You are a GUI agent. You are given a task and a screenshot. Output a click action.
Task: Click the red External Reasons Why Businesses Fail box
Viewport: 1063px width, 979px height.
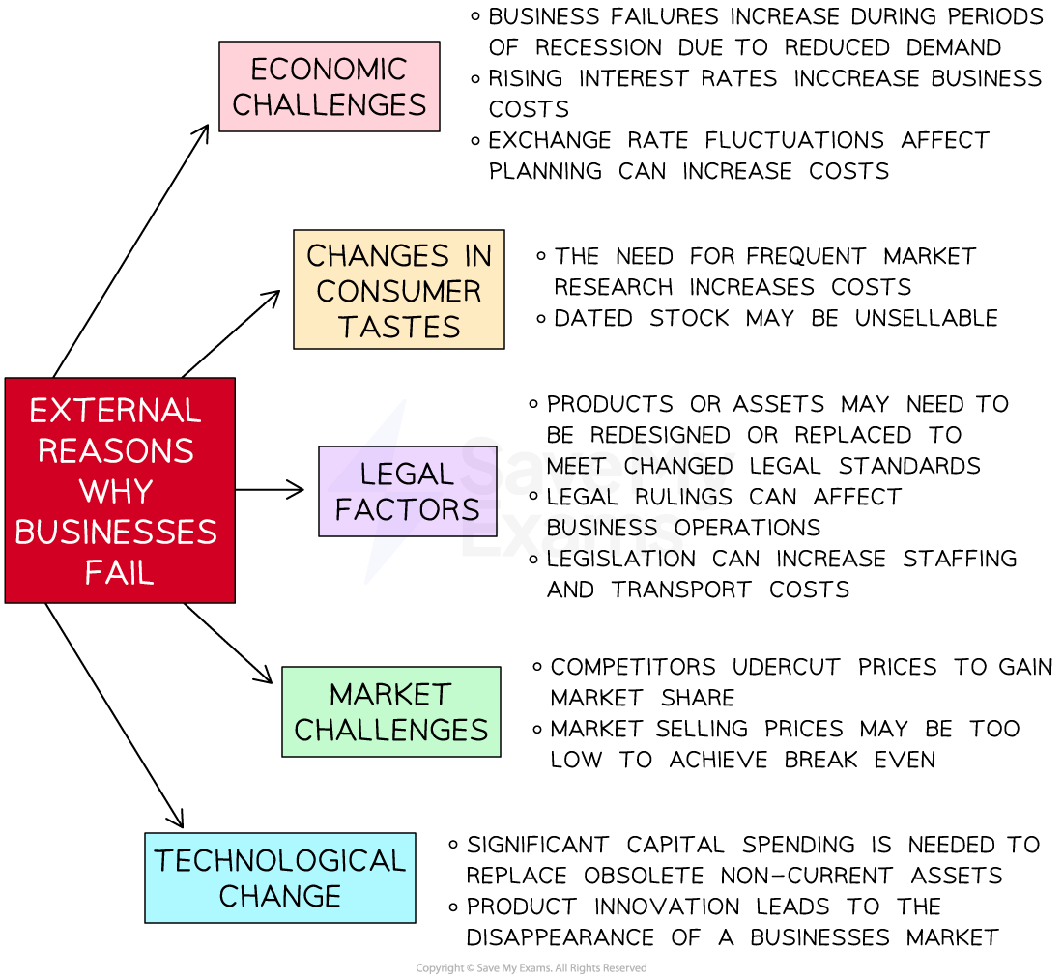point(119,490)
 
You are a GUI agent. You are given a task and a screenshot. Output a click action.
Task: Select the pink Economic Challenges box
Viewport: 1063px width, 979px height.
point(329,86)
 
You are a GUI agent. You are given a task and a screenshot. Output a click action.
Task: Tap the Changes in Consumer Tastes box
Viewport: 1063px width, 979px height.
point(398,289)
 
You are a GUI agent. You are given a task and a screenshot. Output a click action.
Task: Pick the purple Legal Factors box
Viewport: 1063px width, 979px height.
point(407,491)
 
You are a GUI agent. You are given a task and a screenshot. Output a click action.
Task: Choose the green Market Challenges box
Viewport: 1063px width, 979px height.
point(390,711)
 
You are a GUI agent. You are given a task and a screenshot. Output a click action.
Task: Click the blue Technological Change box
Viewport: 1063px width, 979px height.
point(279,877)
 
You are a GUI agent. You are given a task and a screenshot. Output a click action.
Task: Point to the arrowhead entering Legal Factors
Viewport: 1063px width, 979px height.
point(297,490)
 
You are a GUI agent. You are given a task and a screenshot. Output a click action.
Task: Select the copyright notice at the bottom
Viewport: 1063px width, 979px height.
point(531,968)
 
